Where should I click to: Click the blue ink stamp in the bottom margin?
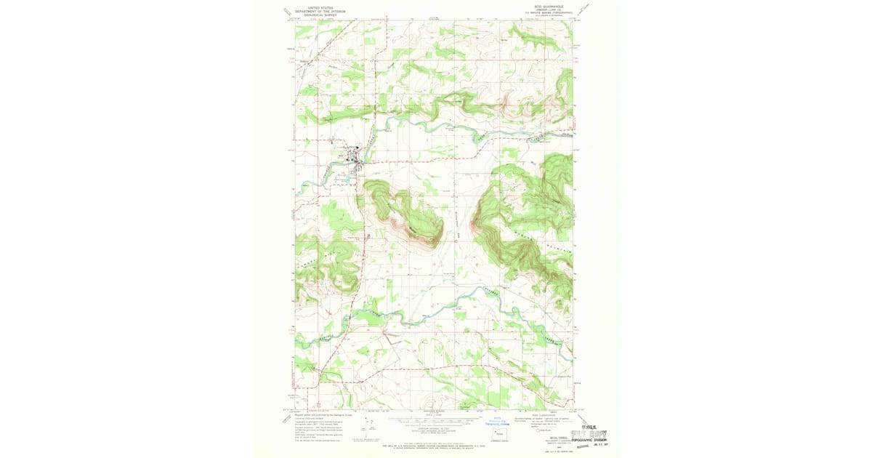[x=497, y=422]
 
